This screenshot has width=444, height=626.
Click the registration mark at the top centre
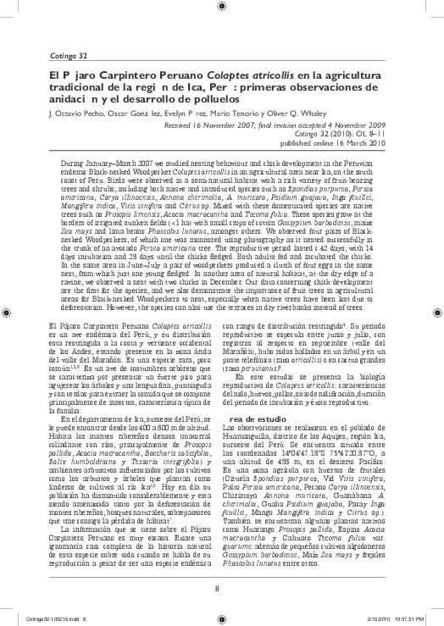coord(222,12)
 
